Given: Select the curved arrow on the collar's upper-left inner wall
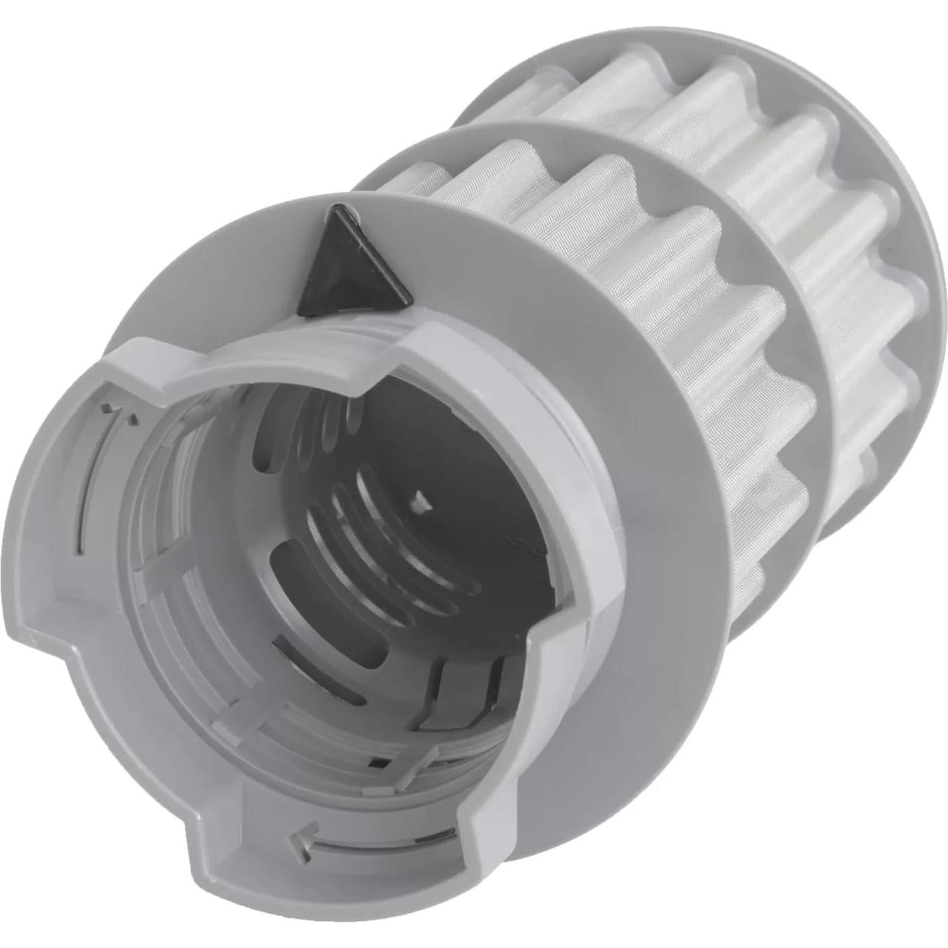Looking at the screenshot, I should (x=120, y=412).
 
